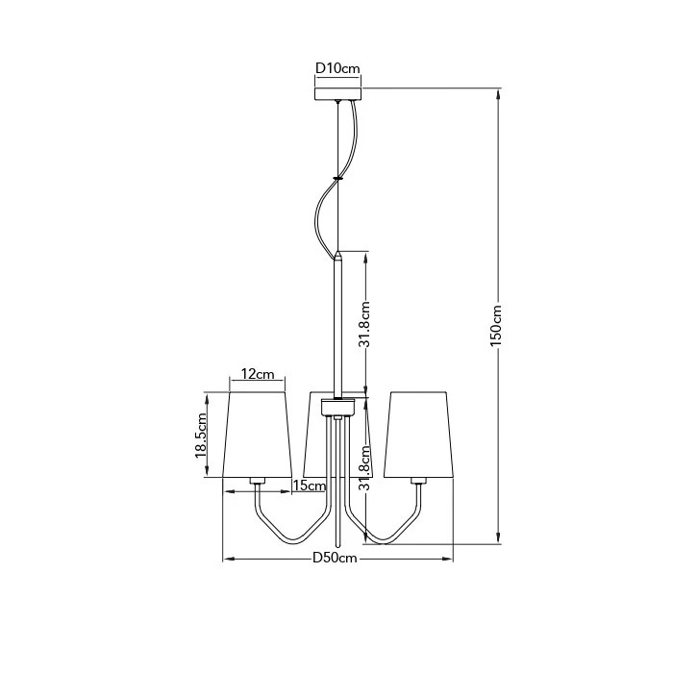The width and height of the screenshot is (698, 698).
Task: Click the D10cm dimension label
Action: (x=337, y=68)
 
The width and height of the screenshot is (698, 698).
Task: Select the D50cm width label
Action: (x=335, y=558)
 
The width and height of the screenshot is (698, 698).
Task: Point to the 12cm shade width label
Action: (x=258, y=374)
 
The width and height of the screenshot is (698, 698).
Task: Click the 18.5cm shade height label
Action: (x=201, y=436)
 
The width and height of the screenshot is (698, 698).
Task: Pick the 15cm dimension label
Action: (x=310, y=486)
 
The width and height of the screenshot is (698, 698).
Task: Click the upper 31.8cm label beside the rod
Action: (x=365, y=325)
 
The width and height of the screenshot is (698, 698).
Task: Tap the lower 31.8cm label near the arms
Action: (x=365, y=467)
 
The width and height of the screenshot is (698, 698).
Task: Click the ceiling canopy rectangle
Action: (x=338, y=94)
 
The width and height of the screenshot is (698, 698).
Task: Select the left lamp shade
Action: (x=258, y=435)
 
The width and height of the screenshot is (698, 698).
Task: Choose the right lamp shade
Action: (x=418, y=435)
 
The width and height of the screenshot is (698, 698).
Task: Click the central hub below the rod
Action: (x=338, y=408)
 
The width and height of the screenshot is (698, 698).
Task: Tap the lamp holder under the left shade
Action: (x=258, y=482)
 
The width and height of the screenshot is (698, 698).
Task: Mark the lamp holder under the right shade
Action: (x=418, y=482)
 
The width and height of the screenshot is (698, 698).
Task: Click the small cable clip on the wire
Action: (x=338, y=178)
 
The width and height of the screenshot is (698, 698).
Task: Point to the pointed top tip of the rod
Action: (x=338, y=251)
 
